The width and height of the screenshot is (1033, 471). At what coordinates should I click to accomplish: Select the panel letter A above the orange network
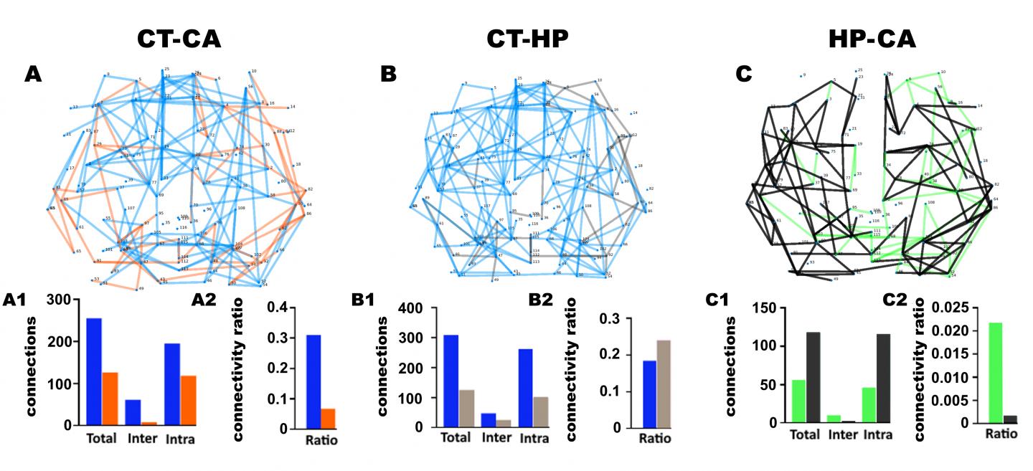32,74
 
